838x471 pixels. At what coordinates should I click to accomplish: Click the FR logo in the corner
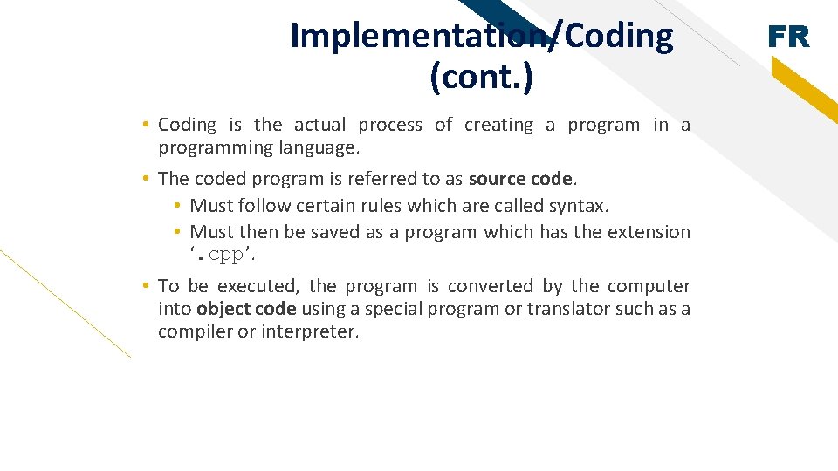788,37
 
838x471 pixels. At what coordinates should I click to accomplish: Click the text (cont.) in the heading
481,78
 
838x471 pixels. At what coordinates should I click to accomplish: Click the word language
319,147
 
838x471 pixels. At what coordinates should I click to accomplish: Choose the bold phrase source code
521,179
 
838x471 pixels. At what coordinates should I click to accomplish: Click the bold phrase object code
246,309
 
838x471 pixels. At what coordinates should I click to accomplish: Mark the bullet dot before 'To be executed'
146,286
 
